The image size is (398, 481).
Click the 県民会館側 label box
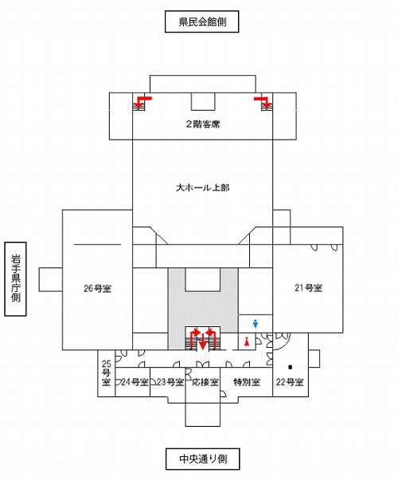[x=201, y=22]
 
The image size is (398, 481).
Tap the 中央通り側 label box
[x=202, y=459]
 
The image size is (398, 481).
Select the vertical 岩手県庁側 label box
[x=15, y=279]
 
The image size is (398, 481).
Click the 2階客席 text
[x=203, y=124]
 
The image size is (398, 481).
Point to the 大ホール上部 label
[x=203, y=187]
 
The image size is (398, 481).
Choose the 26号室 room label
[x=97, y=288]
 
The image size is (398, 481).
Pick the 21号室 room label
[x=308, y=288]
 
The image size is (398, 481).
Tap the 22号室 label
[x=290, y=382]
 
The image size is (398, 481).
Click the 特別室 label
[x=247, y=382]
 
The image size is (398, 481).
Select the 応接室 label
[x=205, y=382]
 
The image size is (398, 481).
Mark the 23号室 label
[x=170, y=382]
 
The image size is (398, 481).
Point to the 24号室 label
[x=135, y=382]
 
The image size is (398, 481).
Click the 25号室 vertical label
[x=106, y=373]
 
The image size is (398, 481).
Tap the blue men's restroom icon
[x=256, y=324]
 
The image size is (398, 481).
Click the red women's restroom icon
[x=247, y=341]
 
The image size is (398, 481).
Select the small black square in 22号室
[x=291, y=367]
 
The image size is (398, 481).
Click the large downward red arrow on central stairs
[x=202, y=341]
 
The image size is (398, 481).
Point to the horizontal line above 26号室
[x=97, y=244]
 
